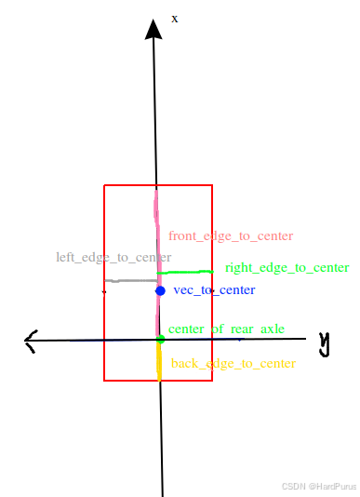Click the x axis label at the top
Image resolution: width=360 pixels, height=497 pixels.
(175, 18)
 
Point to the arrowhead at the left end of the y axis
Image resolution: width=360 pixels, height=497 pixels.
(31, 342)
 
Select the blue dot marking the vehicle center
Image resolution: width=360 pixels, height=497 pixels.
(160, 291)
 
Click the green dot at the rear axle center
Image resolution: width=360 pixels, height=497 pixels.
(160, 339)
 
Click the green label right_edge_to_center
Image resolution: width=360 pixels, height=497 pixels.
(287, 268)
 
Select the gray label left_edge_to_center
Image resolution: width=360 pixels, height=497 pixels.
(113, 257)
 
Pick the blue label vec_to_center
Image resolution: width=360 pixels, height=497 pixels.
(214, 290)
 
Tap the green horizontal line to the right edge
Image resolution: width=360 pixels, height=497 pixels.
(187, 271)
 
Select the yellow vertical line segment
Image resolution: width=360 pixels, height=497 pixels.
(159, 361)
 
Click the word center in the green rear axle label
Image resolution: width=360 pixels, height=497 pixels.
(189, 329)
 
